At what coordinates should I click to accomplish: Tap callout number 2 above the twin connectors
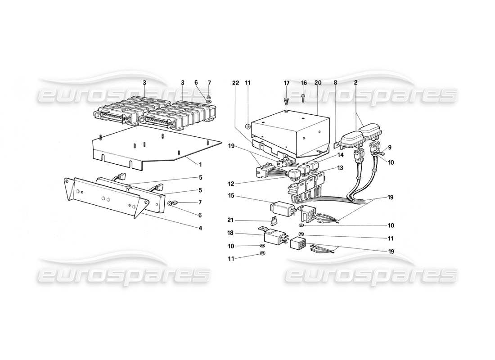[x=356, y=83]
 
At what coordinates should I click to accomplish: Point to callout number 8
[x=336, y=83]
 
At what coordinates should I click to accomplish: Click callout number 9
[x=390, y=147]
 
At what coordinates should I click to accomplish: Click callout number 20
[x=318, y=83]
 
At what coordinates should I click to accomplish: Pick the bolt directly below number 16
[x=303, y=97]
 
